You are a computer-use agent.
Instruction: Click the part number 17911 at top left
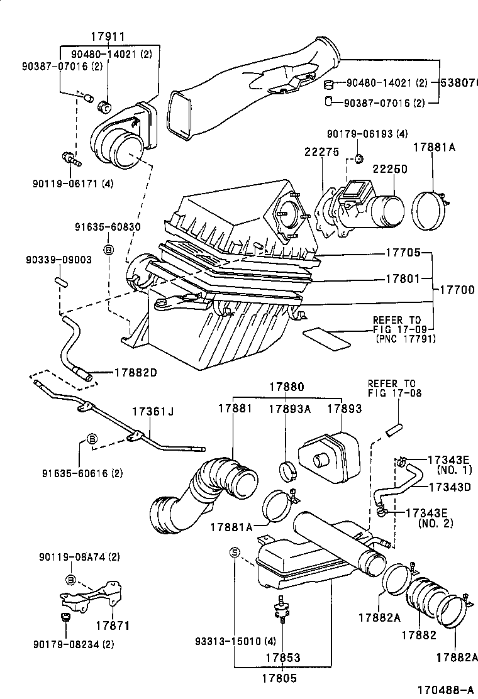(109, 37)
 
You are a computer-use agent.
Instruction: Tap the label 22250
(389, 169)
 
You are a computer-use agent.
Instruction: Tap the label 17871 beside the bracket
(112, 626)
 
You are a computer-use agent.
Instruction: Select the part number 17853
(283, 658)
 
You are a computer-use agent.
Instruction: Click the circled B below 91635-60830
(108, 250)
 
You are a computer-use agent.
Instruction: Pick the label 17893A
(290, 408)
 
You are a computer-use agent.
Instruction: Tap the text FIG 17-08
(394, 393)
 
